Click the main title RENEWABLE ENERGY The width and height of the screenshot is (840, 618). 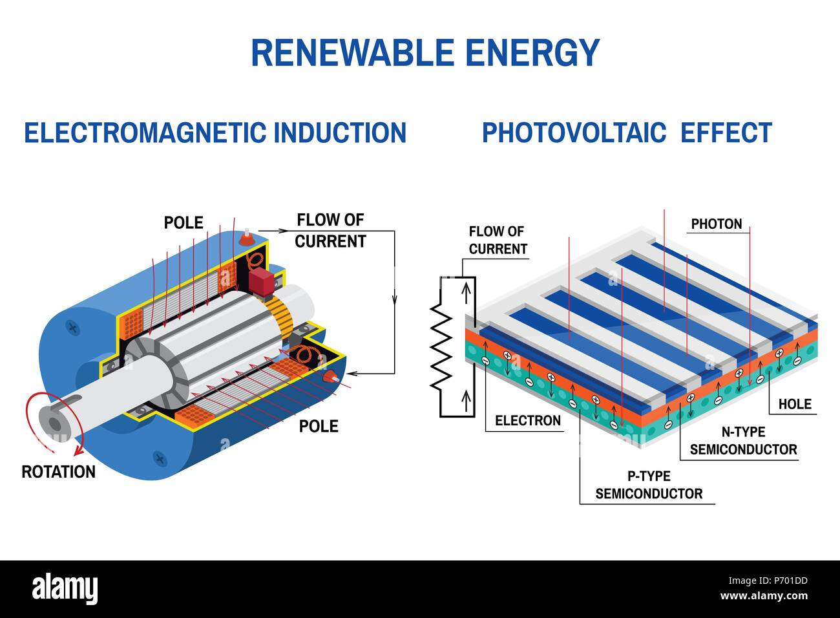tap(425, 53)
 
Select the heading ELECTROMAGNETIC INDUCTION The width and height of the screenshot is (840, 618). tap(215, 133)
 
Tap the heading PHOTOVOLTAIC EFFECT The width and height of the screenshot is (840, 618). tap(627, 133)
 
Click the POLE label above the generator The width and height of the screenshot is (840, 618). tap(184, 223)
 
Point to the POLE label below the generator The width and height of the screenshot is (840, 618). tap(318, 426)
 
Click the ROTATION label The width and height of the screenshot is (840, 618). tap(58, 472)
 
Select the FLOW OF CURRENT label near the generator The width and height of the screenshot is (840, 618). tap(330, 231)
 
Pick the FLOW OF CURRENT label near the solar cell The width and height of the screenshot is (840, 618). tap(498, 240)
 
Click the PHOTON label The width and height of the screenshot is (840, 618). tap(716, 224)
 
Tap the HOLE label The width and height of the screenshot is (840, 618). tap(794, 404)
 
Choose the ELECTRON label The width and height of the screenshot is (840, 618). tap(527, 421)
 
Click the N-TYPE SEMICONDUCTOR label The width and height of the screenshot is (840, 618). tap(743, 441)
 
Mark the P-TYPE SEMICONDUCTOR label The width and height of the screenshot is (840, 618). tap(649, 485)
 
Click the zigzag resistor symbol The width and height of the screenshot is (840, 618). tap(441, 346)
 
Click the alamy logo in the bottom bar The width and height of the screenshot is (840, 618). tap(65, 588)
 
